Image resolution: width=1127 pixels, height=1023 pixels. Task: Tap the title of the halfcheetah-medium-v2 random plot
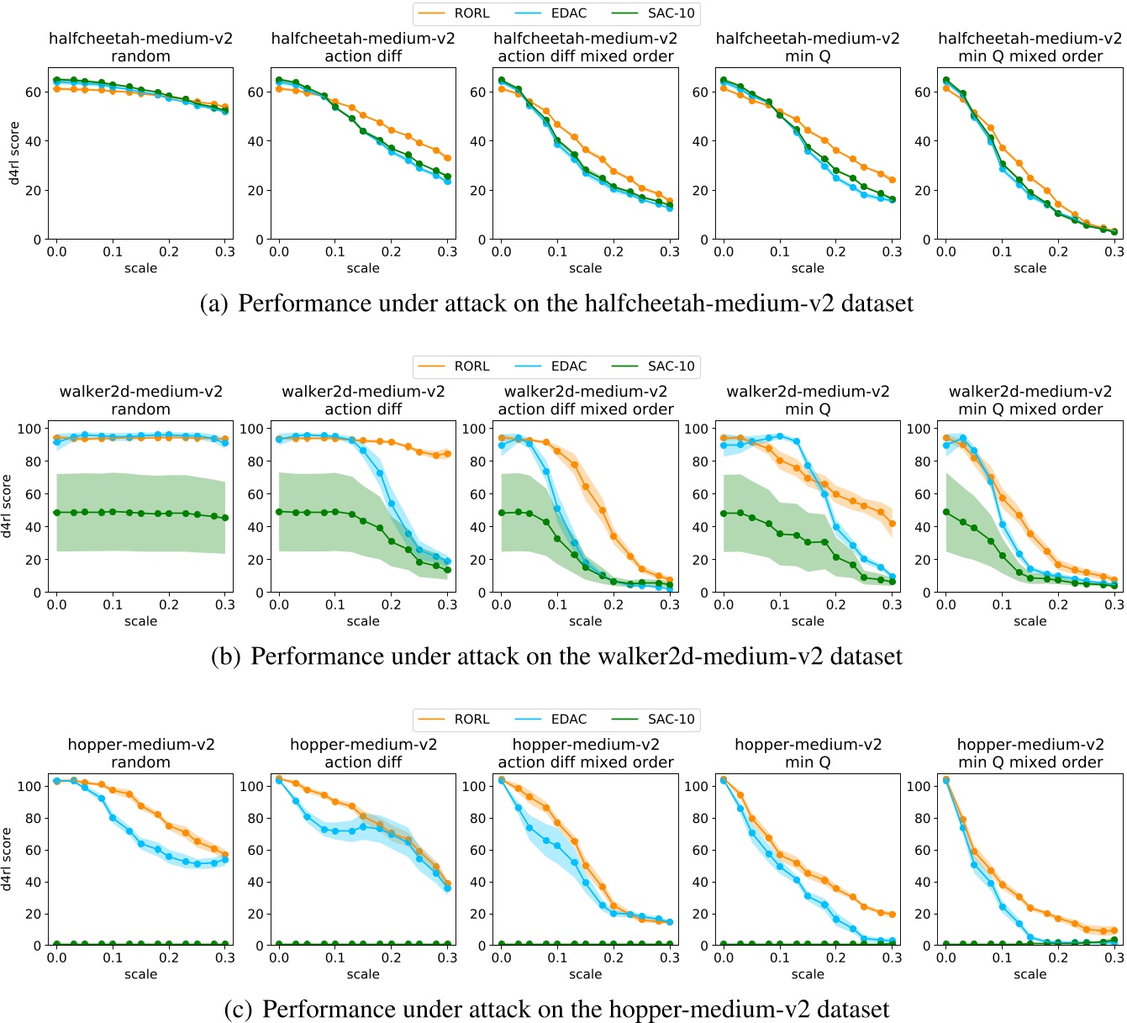point(140,47)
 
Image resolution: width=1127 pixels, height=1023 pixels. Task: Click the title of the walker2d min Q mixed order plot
point(1030,400)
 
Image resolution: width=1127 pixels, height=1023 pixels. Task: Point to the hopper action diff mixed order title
point(585,753)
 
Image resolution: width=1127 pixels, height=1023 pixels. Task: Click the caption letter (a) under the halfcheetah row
point(213,303)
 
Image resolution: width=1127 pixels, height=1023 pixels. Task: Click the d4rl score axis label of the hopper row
point(7,859)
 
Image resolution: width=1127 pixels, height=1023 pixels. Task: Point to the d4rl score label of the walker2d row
point(7,506)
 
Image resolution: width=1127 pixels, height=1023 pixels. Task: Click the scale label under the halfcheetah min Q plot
point(808,268)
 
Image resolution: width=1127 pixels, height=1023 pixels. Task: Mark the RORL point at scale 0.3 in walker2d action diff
point(447,454)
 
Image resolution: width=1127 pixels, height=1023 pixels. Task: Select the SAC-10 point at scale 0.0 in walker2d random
point(56,513)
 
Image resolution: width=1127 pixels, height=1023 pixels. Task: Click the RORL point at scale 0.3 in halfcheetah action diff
point(447,158)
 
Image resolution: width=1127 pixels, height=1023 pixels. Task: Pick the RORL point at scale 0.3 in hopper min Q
point(892,915)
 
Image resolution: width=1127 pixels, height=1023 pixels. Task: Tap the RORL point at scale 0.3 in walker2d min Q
point(892,524)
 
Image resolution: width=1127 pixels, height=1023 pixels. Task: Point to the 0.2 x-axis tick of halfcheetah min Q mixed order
point(1058,251)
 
